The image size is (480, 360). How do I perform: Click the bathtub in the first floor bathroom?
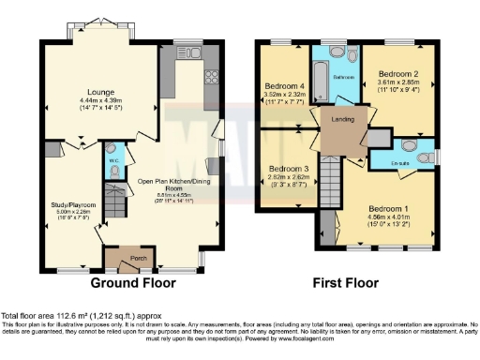click(318, 82)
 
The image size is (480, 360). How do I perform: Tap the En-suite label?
click(401, 162)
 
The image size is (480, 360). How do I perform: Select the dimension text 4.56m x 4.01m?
click(386, 217)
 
